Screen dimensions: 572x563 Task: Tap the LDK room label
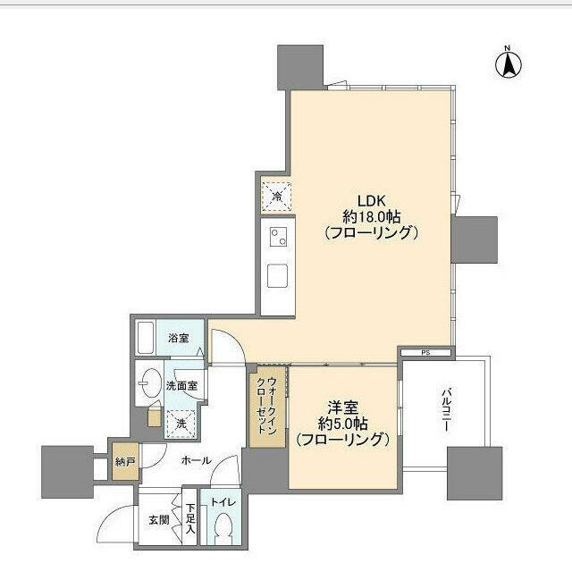(x=372, y=200)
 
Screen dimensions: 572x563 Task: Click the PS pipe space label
(x=425, y=353)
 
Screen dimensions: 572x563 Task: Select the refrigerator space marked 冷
(x=277, y=197)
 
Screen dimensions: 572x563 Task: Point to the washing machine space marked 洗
(x=181, y=424)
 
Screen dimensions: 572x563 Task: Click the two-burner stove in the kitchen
(x=278, y=237)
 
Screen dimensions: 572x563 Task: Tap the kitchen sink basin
(x=277, y=275)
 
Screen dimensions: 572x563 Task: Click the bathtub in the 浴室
(x=145, y=338)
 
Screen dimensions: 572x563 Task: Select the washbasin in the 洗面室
(x=151, y=382)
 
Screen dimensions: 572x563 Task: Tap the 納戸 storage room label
(x=125, y=462)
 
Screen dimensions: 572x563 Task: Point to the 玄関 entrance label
(x=159, y=520)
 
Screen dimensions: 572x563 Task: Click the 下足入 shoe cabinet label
(x=190, y=519)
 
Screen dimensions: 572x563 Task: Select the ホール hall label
(x=197, y=460)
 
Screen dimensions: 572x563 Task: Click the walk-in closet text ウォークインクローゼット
(x=266, y=406)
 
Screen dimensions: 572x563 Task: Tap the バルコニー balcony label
(x=447, y=410)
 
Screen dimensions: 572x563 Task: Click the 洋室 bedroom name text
(x=343, y=408)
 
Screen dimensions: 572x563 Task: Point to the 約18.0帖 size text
(x=372, y=217)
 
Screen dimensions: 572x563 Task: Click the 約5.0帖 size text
(x=343, y=424)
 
